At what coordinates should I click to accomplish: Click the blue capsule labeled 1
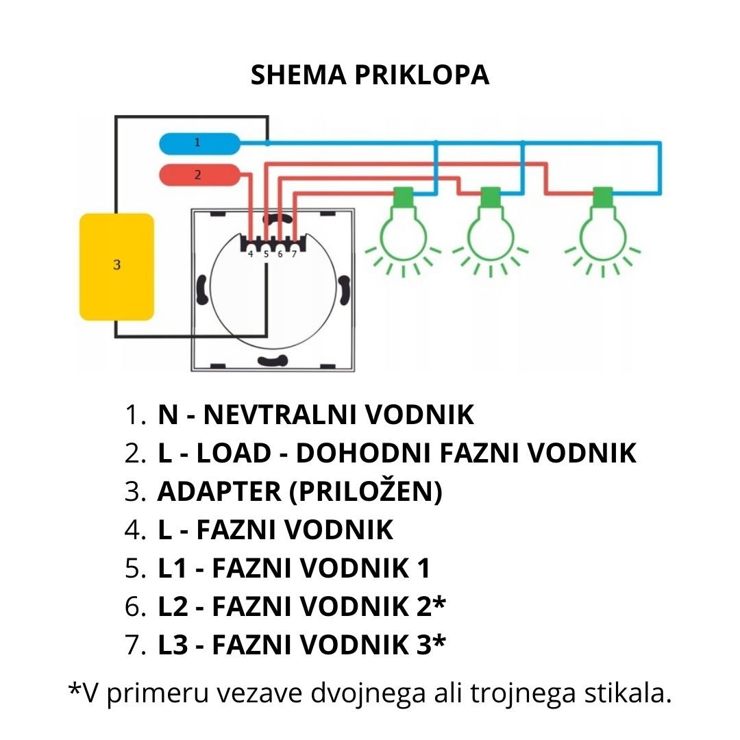click(x=199, y=143)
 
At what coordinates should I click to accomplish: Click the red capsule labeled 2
click(x=199, y=175)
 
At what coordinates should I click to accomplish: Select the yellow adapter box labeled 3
click(x=116, y=267)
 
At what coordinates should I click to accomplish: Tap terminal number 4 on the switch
click(x=251, y=254)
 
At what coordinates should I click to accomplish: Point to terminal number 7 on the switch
click(x=294, y=254)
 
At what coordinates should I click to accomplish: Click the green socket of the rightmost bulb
click(x=603, y=197)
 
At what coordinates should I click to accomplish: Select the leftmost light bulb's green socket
click(x=403, y=197)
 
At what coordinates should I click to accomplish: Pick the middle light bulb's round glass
click(x=491, y=235)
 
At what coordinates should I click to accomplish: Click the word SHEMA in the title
click(x=298, y=75)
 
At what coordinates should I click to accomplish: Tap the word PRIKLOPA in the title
click(x=422, y=75)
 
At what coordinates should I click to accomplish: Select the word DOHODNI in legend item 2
click(x=363, y=453)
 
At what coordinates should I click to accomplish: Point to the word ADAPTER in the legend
click(x=219, y=491)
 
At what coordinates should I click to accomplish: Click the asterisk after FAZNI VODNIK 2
click(x=439, y=602)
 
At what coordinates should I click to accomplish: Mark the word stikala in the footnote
click(x=628, y=693)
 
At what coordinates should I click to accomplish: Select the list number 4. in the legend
click(x=135, y=530)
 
